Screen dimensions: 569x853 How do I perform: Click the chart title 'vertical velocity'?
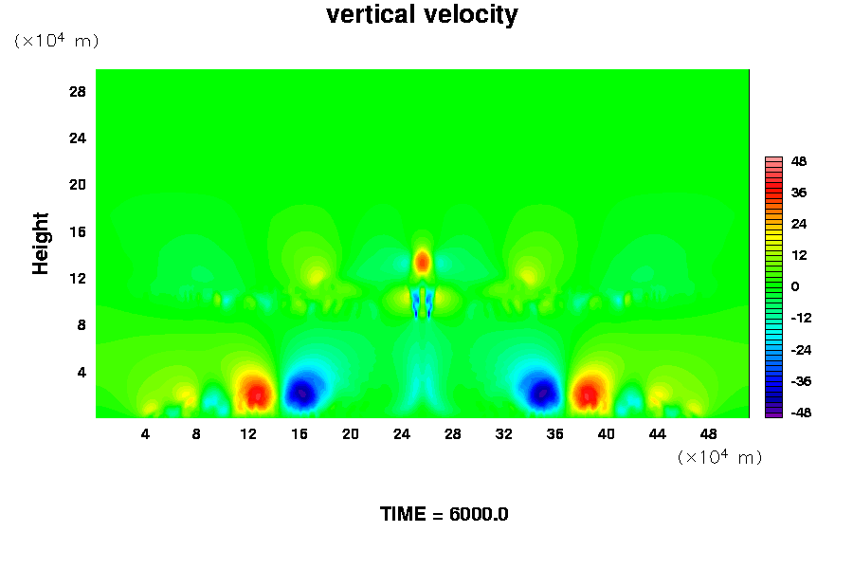[x=422, y=15]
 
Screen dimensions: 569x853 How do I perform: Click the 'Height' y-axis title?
[x=41, y=253]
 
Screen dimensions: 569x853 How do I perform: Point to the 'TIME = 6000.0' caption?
[x=444, y=514]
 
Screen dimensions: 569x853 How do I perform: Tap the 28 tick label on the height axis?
[x=78, y=91]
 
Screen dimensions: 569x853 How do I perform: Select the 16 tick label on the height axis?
[x=78, y=231]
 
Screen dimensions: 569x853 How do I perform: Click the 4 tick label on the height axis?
[x=82, y=372]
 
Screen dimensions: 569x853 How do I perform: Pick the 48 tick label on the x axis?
[x=708, y=433]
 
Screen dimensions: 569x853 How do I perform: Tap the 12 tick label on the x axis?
[x=248, y=433]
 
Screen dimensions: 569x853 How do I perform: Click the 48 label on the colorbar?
[x=799, y=161]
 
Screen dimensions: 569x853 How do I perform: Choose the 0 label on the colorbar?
[x=796, y=286]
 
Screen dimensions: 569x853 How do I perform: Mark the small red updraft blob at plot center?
[x=422, y=261]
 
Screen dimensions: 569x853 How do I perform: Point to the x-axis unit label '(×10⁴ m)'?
[x=719, y=457]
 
